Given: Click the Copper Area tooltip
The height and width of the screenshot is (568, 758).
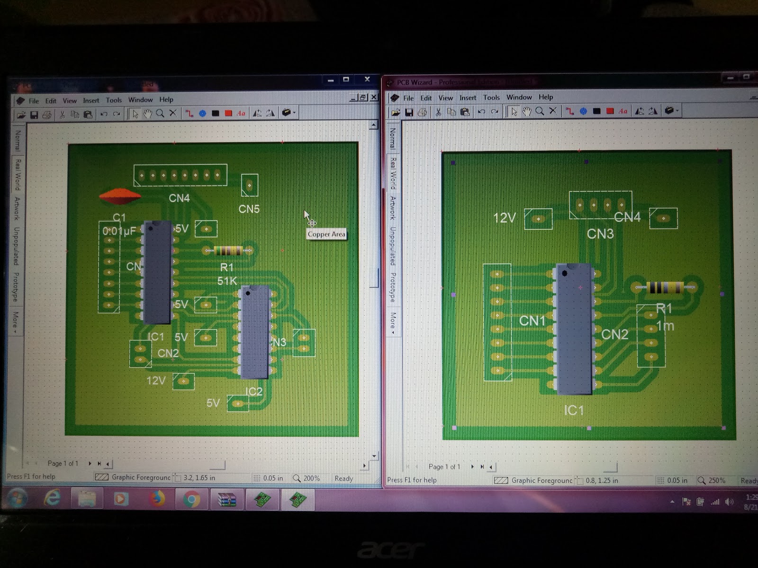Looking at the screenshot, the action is pyautogui.click(x=326, y=234).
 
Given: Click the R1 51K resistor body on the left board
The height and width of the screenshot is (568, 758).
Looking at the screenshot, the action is pyautogui.click(x=228, y=250).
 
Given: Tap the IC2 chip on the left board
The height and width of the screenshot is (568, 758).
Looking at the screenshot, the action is pyautogui.click(x=255, y=332).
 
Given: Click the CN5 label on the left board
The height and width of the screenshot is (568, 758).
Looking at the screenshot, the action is pyautogui.click(x=249, y=209).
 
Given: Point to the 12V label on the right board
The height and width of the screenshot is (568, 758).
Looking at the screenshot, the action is pyautogui.click(x=504, y=218).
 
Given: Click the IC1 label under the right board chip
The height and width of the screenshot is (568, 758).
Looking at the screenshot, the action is pyautogui.click(x=574, y=410).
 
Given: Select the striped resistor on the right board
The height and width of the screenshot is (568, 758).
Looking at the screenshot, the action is pyautogui.click(x=665, y=287).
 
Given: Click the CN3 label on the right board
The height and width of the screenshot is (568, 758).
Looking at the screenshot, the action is pyautogui.click(x=600, y=234).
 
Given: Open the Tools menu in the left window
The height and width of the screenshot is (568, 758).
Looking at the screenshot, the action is pyautogui.click(x=114, y=100).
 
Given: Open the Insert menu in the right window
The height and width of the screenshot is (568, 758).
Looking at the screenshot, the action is pyautogui.click(x=468, y=98).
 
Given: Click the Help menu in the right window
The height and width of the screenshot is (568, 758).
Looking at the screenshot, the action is pyautogui.click(x=546, y=97).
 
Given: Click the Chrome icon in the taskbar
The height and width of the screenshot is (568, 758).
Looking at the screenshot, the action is pyautogui.click(x=191, y=499).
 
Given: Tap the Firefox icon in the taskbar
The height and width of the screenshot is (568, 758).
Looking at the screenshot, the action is pyautogui.click(x=157, y=499).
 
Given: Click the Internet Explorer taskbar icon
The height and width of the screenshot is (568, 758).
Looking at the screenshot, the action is pyautogui.click(x=52, y=498).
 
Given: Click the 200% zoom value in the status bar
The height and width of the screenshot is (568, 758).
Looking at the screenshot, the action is pyautogui.click(x=311, y=478).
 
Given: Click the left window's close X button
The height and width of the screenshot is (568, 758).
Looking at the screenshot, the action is pyautogui.click(x=367, y=80).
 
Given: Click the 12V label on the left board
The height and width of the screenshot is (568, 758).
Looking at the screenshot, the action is pyautogui.click(x=156, y=381).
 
